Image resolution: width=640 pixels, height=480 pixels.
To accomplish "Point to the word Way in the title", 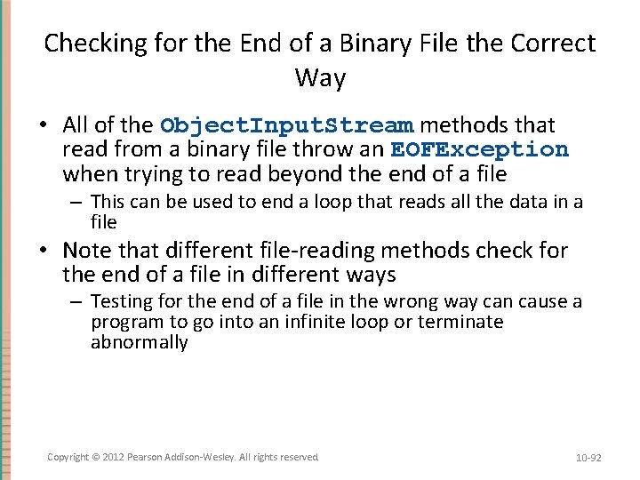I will pyautogui.click(x=320, y=78).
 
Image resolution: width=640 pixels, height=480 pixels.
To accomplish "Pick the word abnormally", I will pyautogui.click(x=140, y=342).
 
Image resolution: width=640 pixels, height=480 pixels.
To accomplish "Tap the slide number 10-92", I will pyautogui.click(x=588, y=458).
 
